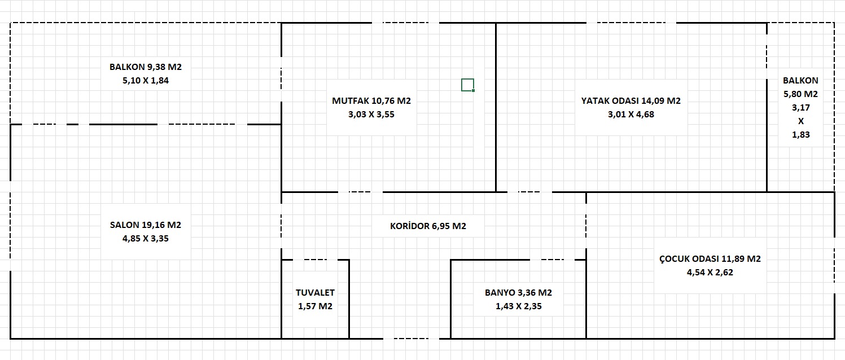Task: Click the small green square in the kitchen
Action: pos(468,85)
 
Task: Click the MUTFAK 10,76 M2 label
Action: pos(371,100)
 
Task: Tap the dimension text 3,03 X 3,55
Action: pos(371,114)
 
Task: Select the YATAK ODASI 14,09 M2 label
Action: pos(631,100)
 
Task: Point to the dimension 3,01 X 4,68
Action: pos(631,114)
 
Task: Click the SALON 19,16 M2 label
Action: pos(146,225)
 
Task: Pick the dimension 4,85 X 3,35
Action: pos(146,238)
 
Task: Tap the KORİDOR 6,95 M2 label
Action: pos(428,226)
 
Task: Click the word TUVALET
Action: pos(315,292)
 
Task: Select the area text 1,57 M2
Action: pos(315,306)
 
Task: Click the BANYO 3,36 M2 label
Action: pos(518,292)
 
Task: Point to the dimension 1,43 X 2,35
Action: pos(518,306)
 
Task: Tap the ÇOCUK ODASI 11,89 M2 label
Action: pos(710,258)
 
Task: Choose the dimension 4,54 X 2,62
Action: pos(710,272)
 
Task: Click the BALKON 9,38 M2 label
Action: pos(146,67)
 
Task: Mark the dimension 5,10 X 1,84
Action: pos(146,80)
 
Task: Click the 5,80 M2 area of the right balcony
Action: pos(800,94)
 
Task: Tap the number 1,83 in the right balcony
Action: pos(800,134)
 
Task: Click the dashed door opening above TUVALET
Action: pos(316,260)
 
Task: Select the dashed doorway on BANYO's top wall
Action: pos(552,260)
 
